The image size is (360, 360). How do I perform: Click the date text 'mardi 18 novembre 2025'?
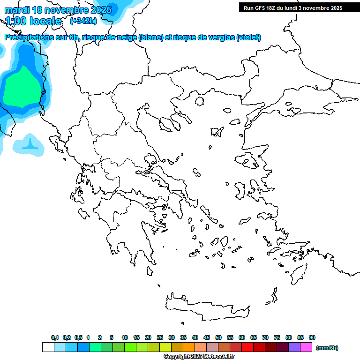click(x=58, y=9)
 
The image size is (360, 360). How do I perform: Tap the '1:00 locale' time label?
click(x=33, y=21)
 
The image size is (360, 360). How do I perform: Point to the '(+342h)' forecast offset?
click(x=83, y=21)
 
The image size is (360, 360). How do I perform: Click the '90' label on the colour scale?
click(x=312, y=337)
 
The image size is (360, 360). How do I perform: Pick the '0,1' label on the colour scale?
click(x=55, y=337)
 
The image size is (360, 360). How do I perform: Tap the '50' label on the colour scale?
click(x=218, y=337)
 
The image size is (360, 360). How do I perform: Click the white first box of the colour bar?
click(x=48, y=347)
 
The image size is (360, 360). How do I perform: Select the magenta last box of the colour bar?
click(x=306, y=347)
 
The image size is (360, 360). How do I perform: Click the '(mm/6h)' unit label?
click(x=327, y=348)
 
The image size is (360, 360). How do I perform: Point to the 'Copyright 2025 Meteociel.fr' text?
click(x=199, y=357)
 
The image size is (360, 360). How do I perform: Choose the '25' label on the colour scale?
click(x=160, y=337)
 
